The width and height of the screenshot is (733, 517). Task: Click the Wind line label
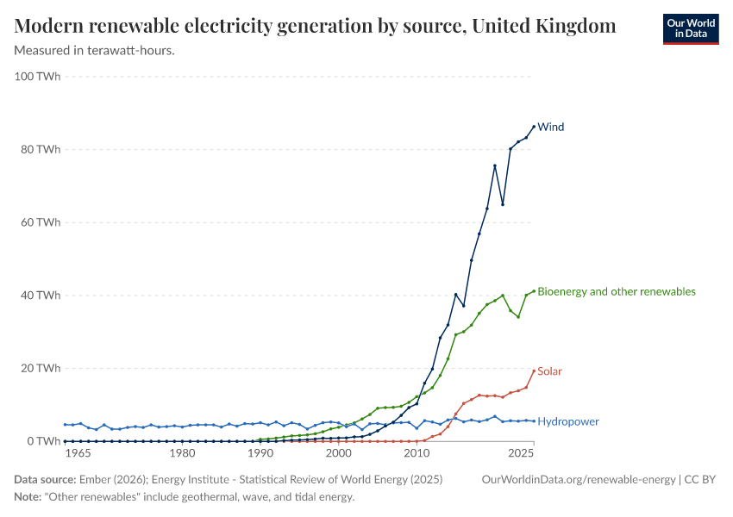[550, 128]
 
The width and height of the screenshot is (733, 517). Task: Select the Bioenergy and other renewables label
[616, 292]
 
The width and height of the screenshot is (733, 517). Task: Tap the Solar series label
[549, 372]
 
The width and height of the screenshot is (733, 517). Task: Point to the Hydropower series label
[567, 422]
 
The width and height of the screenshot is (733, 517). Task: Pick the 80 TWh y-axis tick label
[41, 150]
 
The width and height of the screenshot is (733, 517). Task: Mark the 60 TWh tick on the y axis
[41, 223]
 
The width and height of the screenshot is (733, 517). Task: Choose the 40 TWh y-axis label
[41, 296]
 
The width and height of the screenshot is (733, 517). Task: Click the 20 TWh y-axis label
[41, 369]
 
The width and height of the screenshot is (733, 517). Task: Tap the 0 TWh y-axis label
[44, 441]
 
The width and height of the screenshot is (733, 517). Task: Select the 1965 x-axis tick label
[78, 453]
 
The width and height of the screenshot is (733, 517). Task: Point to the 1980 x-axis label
[182, 453]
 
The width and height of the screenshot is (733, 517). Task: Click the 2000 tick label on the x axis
[339, 453]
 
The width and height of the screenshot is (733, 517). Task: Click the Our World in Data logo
[690, 28]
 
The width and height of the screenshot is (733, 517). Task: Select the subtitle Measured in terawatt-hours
[95, 50]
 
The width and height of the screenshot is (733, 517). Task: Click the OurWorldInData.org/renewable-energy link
[578, 479]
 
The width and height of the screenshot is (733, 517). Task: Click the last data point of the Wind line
[534, 127]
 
